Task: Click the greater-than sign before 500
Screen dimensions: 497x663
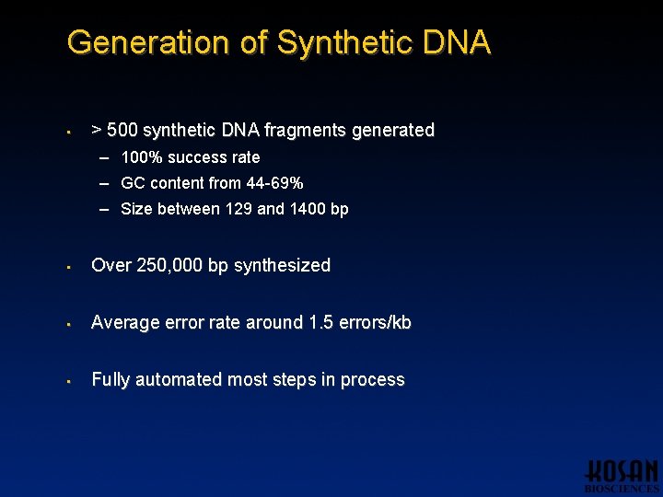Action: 97,131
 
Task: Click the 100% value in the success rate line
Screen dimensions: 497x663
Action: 139,157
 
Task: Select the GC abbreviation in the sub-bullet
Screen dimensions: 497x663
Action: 133,183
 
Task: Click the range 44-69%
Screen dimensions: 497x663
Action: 274,183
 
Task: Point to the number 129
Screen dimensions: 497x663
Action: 237,209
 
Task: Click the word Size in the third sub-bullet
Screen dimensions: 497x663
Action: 136,209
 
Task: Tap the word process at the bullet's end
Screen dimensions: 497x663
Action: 371,380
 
